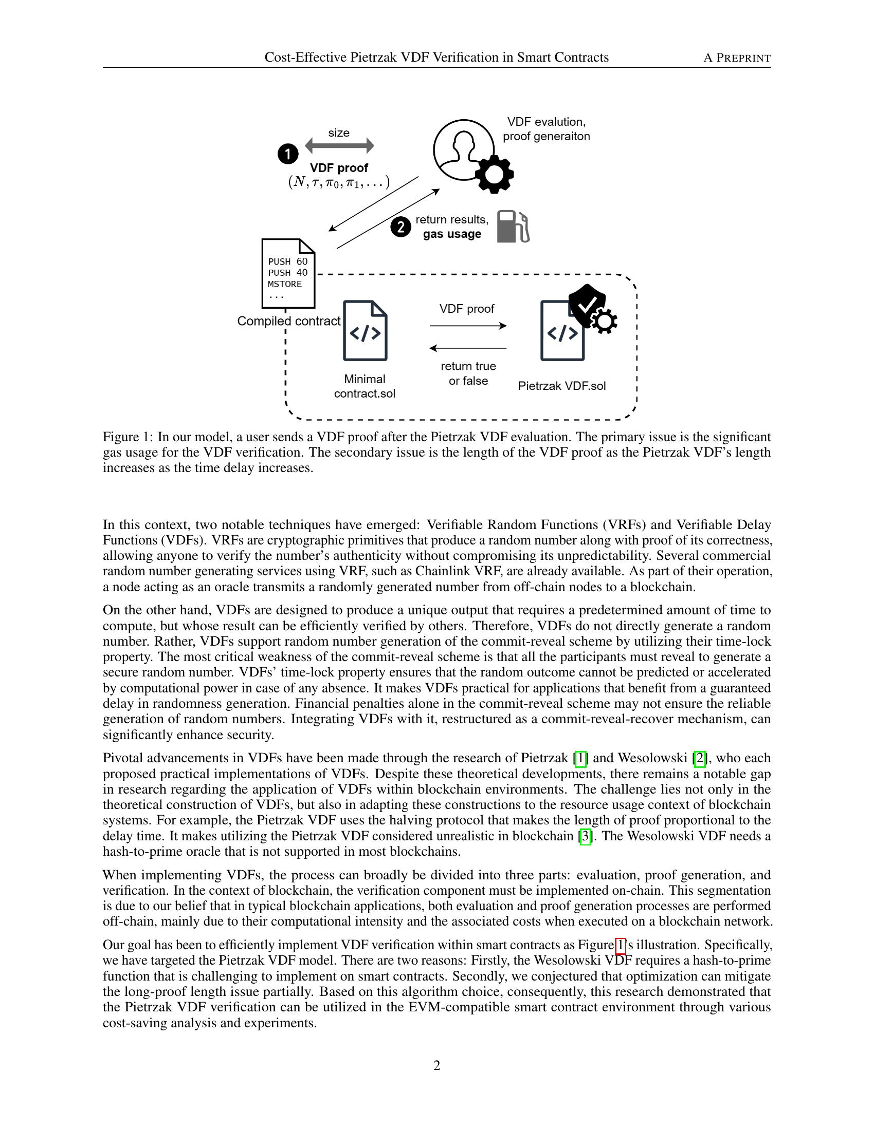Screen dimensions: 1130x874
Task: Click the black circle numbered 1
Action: (x=288, y=154)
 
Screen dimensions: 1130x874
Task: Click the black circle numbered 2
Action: (x=401, y=227)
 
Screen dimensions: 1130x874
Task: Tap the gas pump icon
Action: (x=513, y=227)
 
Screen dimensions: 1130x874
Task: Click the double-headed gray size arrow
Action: (x=339, y=146)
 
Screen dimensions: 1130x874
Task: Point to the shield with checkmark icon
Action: (x=587, y=305)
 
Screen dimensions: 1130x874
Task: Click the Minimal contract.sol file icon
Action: (x=365, y=331)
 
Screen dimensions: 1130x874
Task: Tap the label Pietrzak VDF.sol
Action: (x=562, y=386)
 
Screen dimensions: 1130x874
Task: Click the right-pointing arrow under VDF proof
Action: (x=467, y=326)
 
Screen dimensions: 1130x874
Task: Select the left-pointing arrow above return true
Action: (x=467, y=348)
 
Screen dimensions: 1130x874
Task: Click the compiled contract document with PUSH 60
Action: (x=288, y=273)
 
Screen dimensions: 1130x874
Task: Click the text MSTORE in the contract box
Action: (x=285, y=284)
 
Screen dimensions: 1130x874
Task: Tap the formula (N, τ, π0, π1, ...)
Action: (x=339, y=182)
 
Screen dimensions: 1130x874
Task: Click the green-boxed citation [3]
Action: (x=585, y=837)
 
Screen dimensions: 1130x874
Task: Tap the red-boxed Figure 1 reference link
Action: (x=621, y=946)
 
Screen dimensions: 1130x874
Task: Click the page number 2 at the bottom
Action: (x=436, y=1065)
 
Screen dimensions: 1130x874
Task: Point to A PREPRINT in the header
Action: (x=737, y=58)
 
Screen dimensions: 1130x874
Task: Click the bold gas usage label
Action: (x=452, y=234)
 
